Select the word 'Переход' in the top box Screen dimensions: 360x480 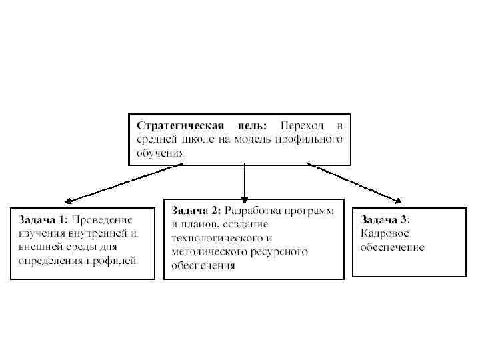(303, 125)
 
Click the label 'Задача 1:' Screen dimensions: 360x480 (43, 219)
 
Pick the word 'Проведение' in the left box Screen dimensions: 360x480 (102, 219)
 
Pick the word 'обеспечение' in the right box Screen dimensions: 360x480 (392, 247)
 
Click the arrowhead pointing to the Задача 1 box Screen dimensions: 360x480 (68, 200)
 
